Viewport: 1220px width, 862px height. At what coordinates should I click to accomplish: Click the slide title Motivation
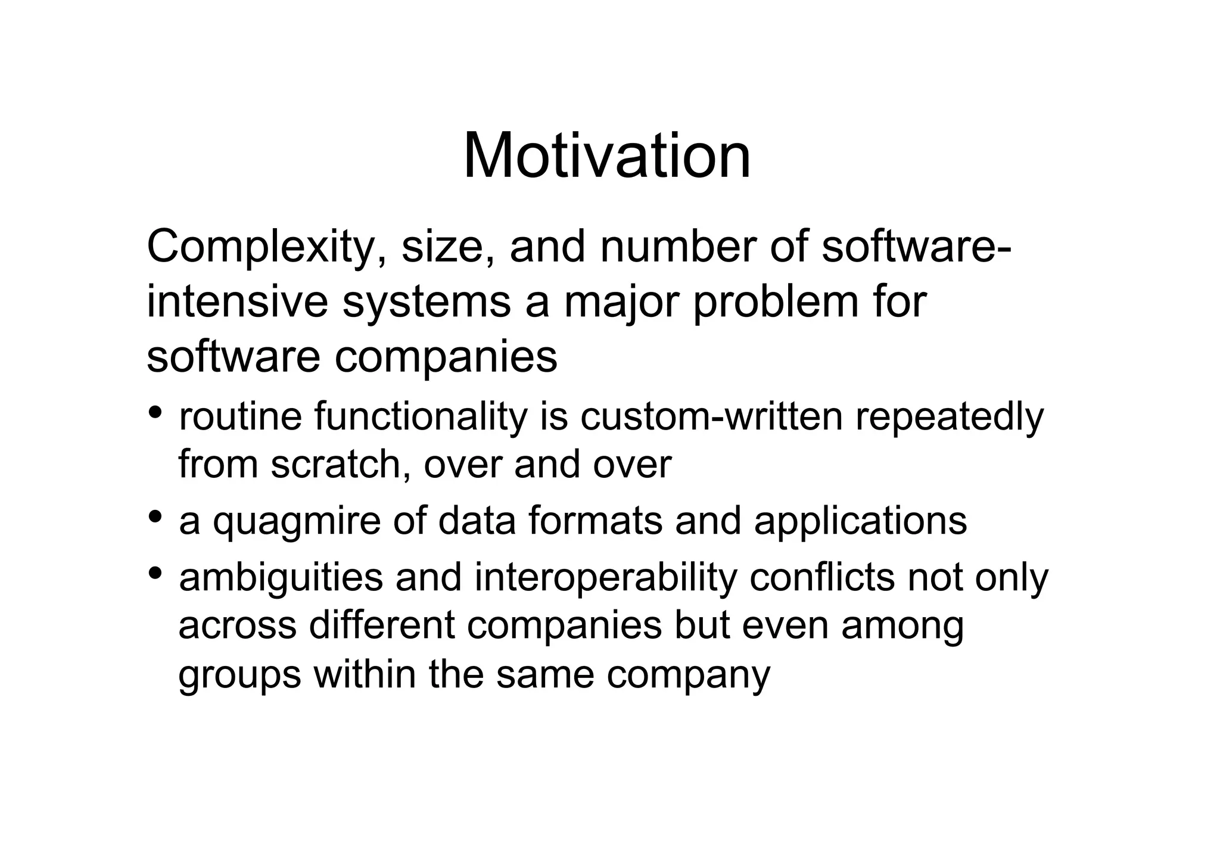[606, 157]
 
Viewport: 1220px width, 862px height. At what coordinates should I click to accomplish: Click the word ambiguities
[281, 578]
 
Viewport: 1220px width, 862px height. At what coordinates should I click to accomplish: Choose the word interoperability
[605, 578]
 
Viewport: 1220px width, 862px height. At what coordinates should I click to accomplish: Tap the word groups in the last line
[239, 676]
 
